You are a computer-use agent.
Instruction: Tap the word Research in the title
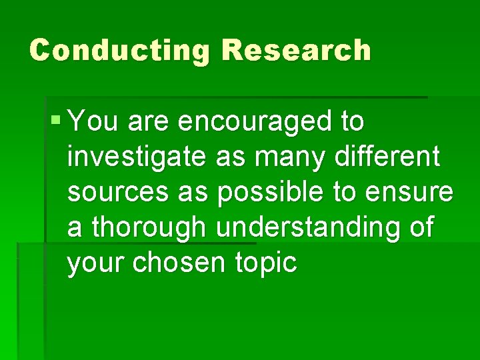297,51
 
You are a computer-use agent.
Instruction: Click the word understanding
300,228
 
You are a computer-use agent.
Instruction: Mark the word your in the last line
96,263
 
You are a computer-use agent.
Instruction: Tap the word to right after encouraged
351,122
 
